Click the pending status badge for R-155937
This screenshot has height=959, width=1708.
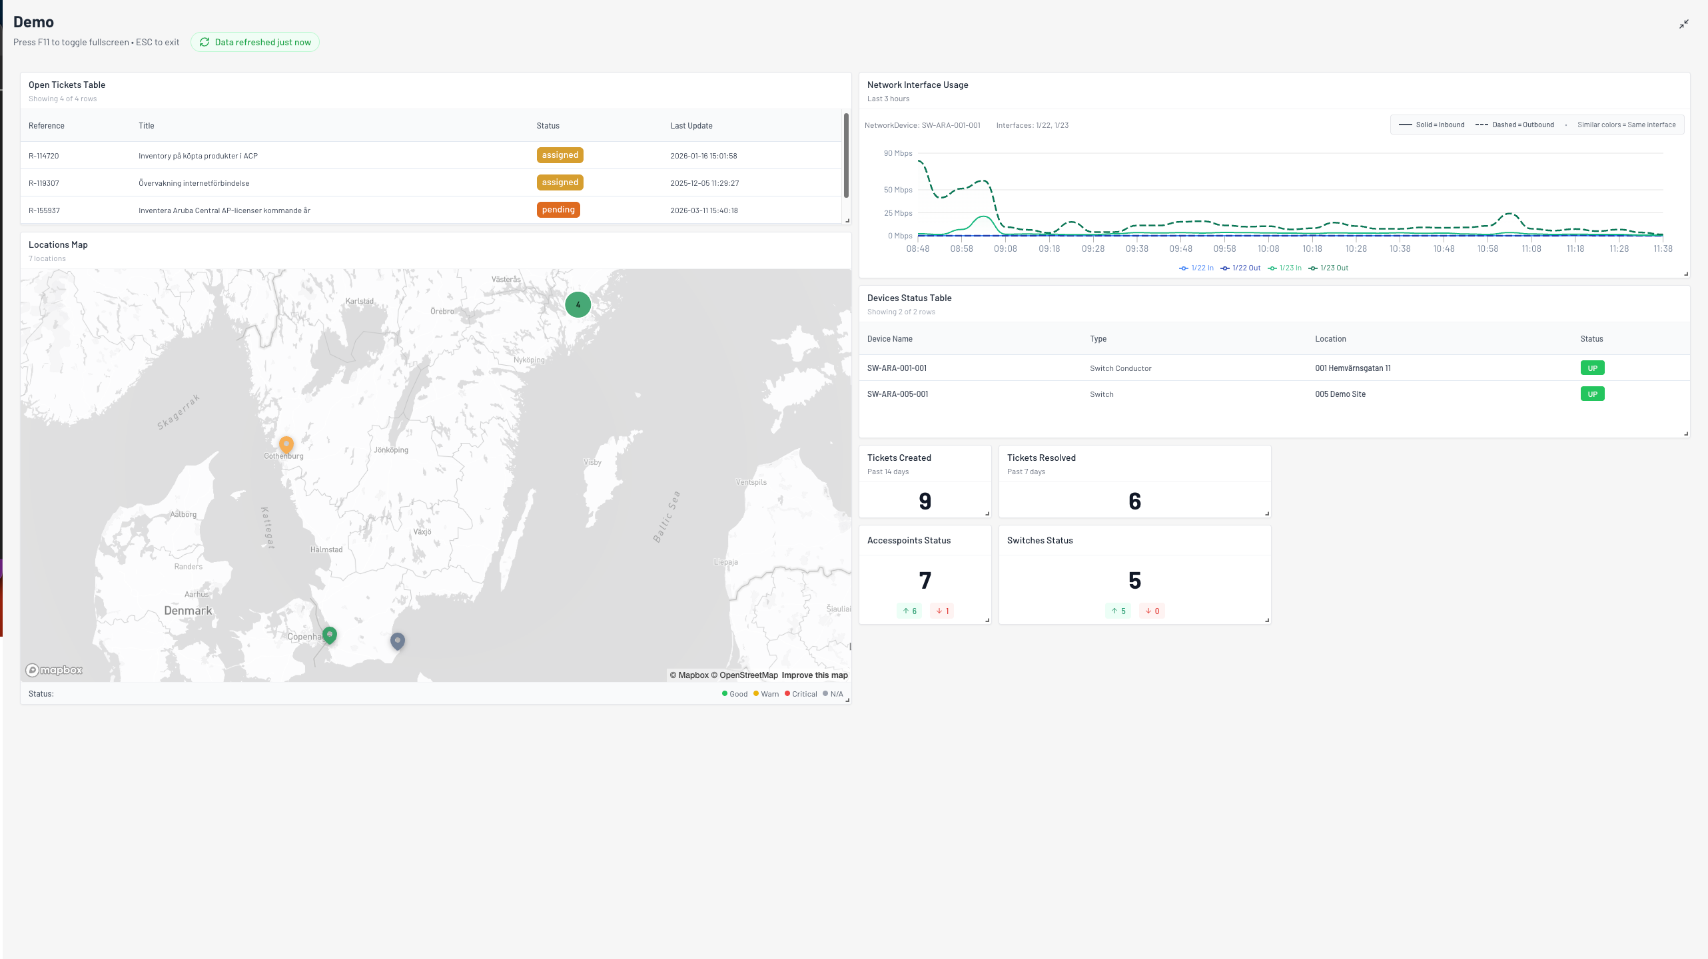[558, 210]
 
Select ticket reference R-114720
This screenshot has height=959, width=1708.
[44, 156]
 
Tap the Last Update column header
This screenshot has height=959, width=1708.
[691, 126]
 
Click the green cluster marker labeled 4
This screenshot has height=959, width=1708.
[578, 304]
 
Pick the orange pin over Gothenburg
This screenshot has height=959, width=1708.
[286, 444]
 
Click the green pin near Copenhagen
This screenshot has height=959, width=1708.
[330, 635]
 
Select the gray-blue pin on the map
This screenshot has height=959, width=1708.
[398, 641]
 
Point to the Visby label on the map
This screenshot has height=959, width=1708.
[593, 462]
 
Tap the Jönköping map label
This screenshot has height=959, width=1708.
[391, 450]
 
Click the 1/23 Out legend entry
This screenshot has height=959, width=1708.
[1328, 268]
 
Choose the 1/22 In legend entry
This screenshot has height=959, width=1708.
[1196, 268]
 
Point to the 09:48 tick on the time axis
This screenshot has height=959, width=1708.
[1181, 249]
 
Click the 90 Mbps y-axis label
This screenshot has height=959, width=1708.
[898, 153]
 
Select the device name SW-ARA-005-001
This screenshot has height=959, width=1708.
[898, 394]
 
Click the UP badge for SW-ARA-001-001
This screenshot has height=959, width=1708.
[1593, 368]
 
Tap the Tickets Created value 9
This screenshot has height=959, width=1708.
[925, 501]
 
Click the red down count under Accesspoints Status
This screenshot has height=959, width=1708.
[942, 611]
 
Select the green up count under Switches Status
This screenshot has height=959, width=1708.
[1118, 611]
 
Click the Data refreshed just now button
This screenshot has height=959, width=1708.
[255, 42]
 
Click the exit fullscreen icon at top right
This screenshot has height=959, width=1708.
[1684, 24]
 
